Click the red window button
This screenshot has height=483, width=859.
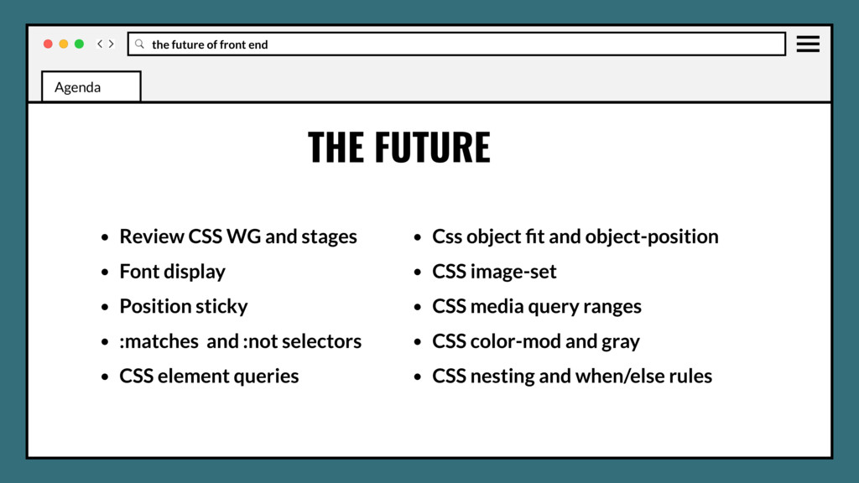coord(48,44)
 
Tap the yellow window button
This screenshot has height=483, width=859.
coord(64,44)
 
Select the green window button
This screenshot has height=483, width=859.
coord(79,44)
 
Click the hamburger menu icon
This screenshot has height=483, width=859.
coord(808,44)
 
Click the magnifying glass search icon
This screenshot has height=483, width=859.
coord(139,44)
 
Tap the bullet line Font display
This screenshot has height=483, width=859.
coord(172,272)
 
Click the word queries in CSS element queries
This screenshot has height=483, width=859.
coord(266,377)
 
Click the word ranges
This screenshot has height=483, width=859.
coord(611,307)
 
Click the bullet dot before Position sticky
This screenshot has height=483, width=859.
coord(105,308)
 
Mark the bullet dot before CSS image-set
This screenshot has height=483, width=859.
coord(418,273)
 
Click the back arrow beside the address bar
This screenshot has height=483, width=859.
coord(100,44)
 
